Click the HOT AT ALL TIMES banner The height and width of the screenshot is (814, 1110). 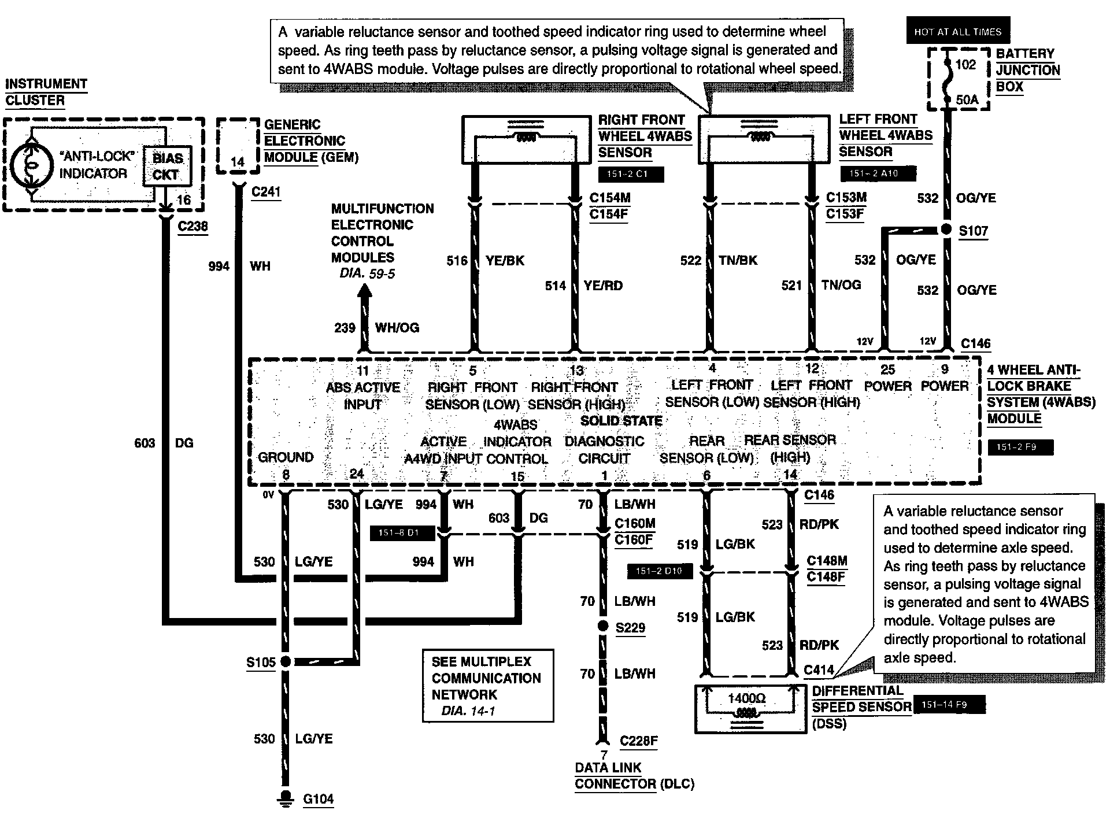[x=957, y=32]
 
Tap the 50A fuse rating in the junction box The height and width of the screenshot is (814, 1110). [x=966, y=100]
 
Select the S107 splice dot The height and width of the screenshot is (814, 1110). [x=946, y=230]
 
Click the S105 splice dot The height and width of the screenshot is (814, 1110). [x=285, y=661]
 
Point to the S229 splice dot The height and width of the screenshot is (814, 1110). [x=603, y=626]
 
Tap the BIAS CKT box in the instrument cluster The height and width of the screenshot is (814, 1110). [x=167, y=166]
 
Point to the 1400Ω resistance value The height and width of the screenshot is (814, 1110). [x=746, y=698]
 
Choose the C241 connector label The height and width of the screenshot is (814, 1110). [x=266, y=191]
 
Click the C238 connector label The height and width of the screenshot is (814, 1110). [x=193, y=225]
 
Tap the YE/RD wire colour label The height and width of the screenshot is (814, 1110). [x=603, y=285]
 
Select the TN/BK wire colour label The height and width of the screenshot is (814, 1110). [x=738, y=260]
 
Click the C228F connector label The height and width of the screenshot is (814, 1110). [x=638, y=741]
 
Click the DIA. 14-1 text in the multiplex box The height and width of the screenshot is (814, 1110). [x=468, y=711]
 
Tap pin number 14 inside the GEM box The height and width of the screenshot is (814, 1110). [x=238, y=162]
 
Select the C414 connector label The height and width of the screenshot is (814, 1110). [x=819, y=669]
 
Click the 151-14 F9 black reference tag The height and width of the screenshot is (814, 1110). [x=948, y=705]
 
